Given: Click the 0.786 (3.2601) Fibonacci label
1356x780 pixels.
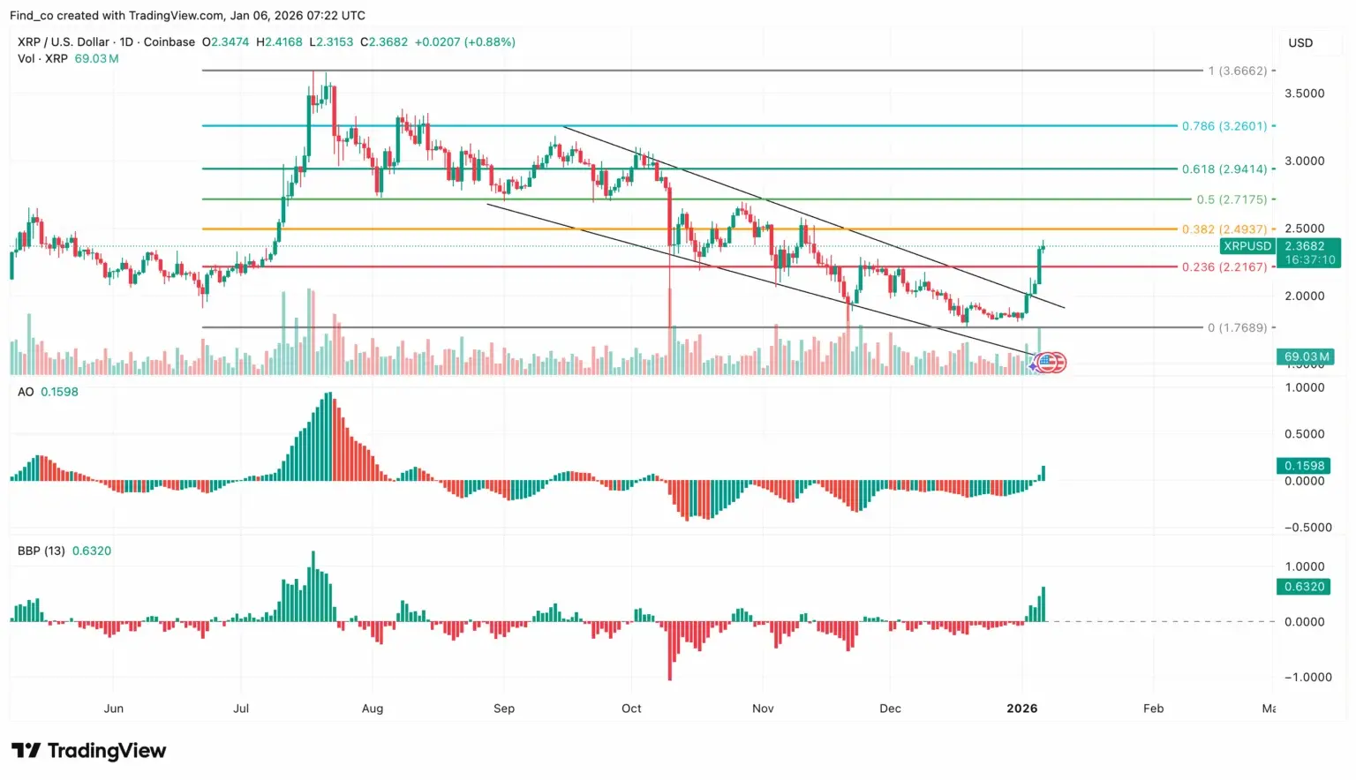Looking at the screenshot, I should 1224,126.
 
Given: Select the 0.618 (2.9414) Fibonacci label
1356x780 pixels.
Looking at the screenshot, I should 1224,169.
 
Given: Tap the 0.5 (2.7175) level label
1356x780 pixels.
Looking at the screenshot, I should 1231,199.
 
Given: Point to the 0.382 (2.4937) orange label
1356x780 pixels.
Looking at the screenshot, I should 1224,229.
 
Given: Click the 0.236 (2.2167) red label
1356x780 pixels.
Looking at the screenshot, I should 1224,266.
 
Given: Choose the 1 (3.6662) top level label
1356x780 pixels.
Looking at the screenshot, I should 1237,71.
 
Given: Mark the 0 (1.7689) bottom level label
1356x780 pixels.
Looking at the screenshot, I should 1237,327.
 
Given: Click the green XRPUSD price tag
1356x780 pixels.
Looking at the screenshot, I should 1247,246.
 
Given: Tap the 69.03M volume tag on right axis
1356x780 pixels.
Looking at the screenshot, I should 1305,356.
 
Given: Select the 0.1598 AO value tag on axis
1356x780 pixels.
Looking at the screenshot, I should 1304,466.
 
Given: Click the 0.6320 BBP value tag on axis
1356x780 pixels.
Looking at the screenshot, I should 1304,587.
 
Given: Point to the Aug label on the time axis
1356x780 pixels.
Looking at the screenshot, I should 373,709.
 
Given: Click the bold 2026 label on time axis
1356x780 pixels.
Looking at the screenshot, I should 1021,709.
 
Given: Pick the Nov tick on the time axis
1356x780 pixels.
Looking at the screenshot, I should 763,709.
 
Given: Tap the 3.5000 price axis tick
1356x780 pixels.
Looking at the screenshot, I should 1304,94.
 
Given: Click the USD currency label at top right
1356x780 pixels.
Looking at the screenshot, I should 1299,42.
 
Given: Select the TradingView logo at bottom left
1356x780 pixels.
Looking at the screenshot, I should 88,751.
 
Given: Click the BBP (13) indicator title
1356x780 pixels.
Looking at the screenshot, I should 41,551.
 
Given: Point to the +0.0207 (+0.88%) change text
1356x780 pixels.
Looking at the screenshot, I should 464,41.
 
